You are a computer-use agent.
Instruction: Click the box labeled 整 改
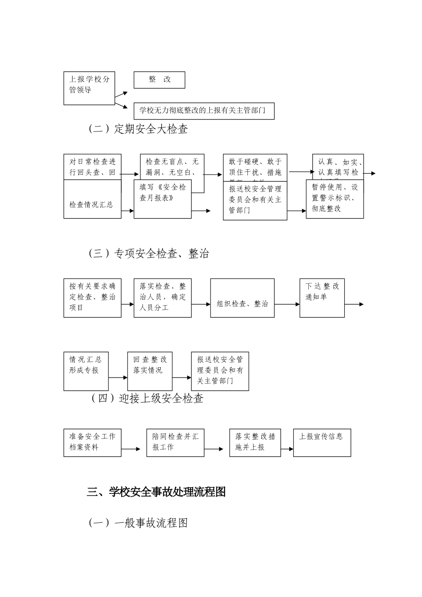[x=159, y=80]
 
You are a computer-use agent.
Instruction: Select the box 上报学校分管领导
[x=89, y=88]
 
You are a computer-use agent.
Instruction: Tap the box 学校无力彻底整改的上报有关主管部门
[x=204, y=111]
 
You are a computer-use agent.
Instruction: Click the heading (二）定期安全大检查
[x=138, y=129]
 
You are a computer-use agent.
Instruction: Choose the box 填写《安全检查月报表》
[x=163, y=199]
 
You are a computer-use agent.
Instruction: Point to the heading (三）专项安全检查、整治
[x=148, y=254]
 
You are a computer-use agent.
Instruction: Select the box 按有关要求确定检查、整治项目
[x=92, y=298]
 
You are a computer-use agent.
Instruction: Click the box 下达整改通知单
[x=322, y=298]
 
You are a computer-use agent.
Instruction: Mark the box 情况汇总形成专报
[x=86, y=371]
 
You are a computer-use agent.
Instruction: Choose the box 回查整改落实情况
[x=150, y=371]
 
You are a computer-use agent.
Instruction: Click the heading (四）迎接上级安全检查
[x=147, y=398]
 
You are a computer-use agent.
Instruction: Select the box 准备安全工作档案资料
[x=92, y=442]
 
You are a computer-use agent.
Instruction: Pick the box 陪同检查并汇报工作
[x=175, y=442]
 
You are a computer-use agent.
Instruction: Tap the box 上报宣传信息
[x=322, y=442]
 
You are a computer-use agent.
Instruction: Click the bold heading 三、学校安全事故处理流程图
[x=156, y=492]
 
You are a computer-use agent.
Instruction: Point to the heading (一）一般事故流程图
[x=138, y=523]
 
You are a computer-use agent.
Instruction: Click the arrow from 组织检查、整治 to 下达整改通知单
[x=287, y=304]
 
